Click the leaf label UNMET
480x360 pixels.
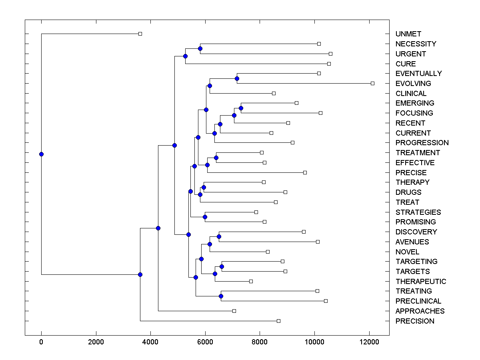click(408, 34)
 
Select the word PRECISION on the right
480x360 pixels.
click(414, 321)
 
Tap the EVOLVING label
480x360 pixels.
click(413, 84)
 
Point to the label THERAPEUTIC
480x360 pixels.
click(420, 281)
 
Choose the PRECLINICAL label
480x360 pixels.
click(418, 301)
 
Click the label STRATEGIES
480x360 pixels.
click(418, 212)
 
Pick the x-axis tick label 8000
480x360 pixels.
click(260, 342)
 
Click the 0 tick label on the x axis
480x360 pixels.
click(41, 342)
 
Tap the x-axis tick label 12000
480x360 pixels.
click(369, 342)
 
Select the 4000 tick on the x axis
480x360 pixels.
click(150, 342)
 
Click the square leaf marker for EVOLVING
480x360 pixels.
click(372, 83)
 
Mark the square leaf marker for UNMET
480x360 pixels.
click(140, 34)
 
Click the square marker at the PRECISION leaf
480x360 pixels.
click(278, 321)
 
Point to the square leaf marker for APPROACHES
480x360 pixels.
click(234, 311)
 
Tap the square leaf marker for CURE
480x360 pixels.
click(329, 64)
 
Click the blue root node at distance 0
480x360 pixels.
click(41, 154)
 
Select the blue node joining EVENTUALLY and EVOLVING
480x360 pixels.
click(237, 78)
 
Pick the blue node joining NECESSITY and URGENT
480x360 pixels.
click(200, 48)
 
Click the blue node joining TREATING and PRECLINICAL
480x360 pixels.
click(221, 296)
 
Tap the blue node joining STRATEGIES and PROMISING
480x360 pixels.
click(205, 217)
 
